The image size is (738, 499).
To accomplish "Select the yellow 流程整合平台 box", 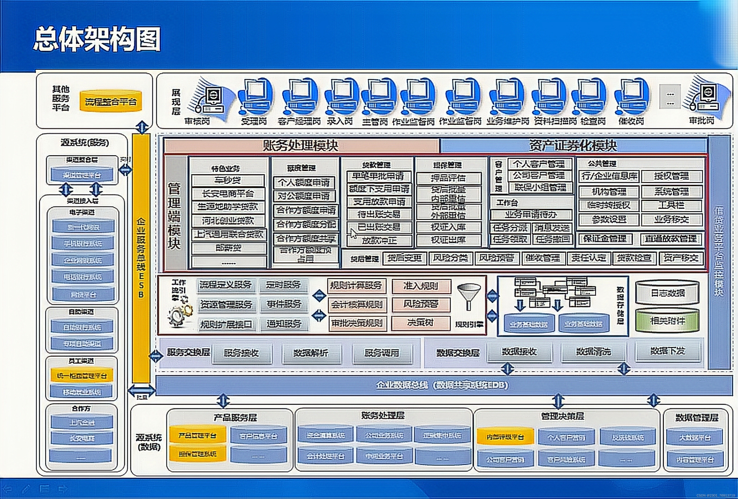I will tap(110, 102).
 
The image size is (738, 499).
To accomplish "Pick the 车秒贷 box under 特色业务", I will tap(228, 180).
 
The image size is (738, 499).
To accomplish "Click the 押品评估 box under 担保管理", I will tap(448, 178).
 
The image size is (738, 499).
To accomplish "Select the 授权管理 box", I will tap(671, 176).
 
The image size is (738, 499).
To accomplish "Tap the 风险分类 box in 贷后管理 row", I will tap(450, 258).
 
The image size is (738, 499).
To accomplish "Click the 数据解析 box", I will tap(311, 353).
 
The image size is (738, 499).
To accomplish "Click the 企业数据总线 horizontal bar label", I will tap(442, 385).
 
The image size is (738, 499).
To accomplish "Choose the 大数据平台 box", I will tap(695, 438).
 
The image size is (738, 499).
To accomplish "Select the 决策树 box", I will tap(421, 323).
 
